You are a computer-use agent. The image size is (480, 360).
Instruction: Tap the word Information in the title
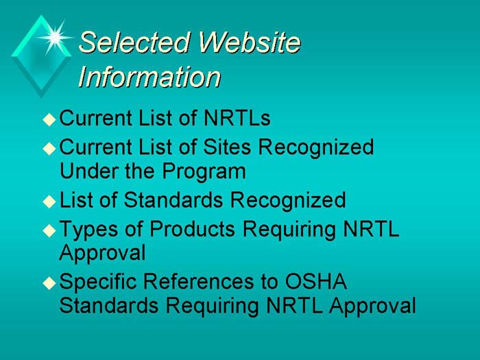(149, 77)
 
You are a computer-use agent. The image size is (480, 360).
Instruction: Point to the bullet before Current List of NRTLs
(48, 119)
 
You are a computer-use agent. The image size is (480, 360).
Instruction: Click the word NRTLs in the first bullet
(237, 119)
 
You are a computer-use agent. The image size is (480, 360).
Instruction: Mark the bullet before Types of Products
(48, 230)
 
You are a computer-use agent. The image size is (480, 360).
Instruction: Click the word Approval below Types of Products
(102, 253)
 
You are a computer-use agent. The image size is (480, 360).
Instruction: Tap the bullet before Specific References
(48, 283)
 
